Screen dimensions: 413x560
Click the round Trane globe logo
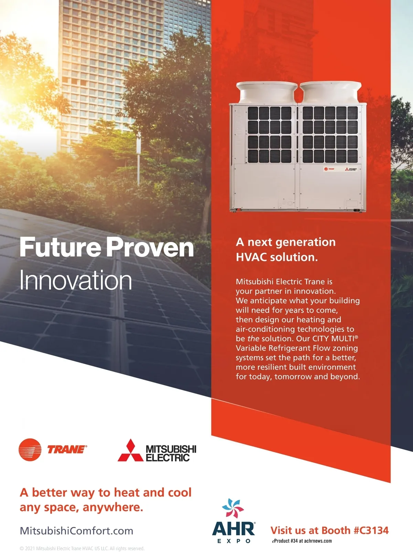click(x=30, y=449)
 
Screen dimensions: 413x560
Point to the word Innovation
click(x=76, y=280)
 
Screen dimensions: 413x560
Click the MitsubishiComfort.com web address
click(x=76, y=530)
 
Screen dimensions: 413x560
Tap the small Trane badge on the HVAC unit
click(x=329, y=169)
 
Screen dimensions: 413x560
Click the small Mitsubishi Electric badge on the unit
click(x=351, y=169)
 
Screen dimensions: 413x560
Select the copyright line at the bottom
click(x=82, y=549)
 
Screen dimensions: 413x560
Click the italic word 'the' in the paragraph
click(x=253, y=338)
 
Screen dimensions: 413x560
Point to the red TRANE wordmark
click(x=67, y=450)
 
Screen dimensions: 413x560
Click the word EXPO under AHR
click(x=234, y=541)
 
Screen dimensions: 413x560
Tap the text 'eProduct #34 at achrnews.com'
click(x=302, y=541)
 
